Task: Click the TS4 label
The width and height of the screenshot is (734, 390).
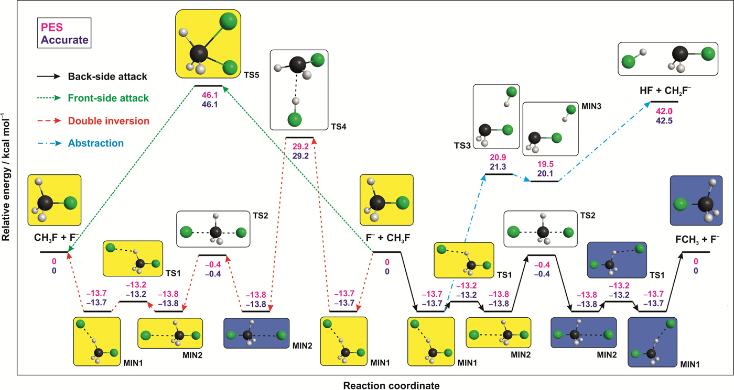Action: tap(338, 126)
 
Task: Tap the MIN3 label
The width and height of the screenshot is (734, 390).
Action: tap(591, 106)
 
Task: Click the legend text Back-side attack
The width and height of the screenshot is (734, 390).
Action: tap(107, 77)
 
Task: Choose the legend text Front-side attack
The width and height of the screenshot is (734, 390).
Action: tap(108, 98)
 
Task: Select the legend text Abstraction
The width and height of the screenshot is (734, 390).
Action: tap(95, 143)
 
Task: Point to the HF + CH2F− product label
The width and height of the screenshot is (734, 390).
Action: tap(665, 90)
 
